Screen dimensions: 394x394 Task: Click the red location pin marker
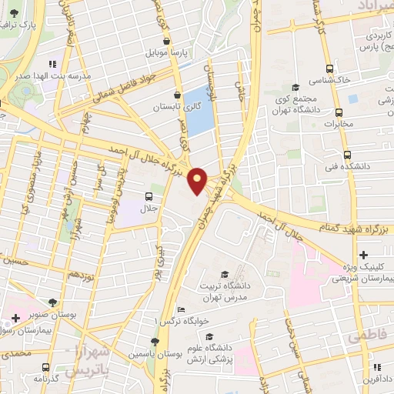point(198,181)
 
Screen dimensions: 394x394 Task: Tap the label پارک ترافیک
point(39,25)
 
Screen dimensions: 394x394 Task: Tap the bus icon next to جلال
point(149,195)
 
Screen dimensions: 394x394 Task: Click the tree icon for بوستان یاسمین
point(155,341)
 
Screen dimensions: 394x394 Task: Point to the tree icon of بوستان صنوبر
point(52,303)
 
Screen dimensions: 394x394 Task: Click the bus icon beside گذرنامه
point(46,366)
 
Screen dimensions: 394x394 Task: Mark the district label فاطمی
point(365,337)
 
